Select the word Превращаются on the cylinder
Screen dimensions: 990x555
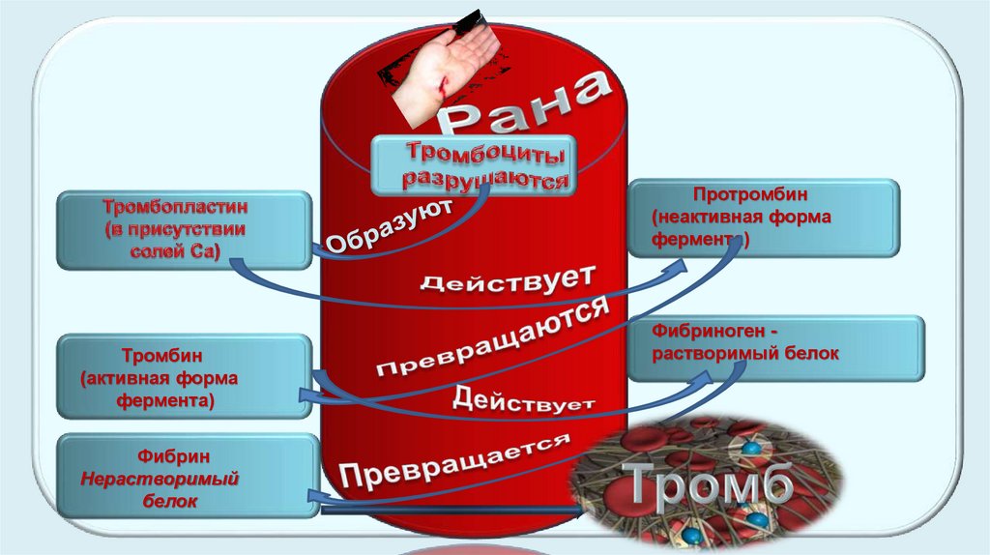(x=492, y=339)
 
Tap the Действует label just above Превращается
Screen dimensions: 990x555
(x=523, y=398)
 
